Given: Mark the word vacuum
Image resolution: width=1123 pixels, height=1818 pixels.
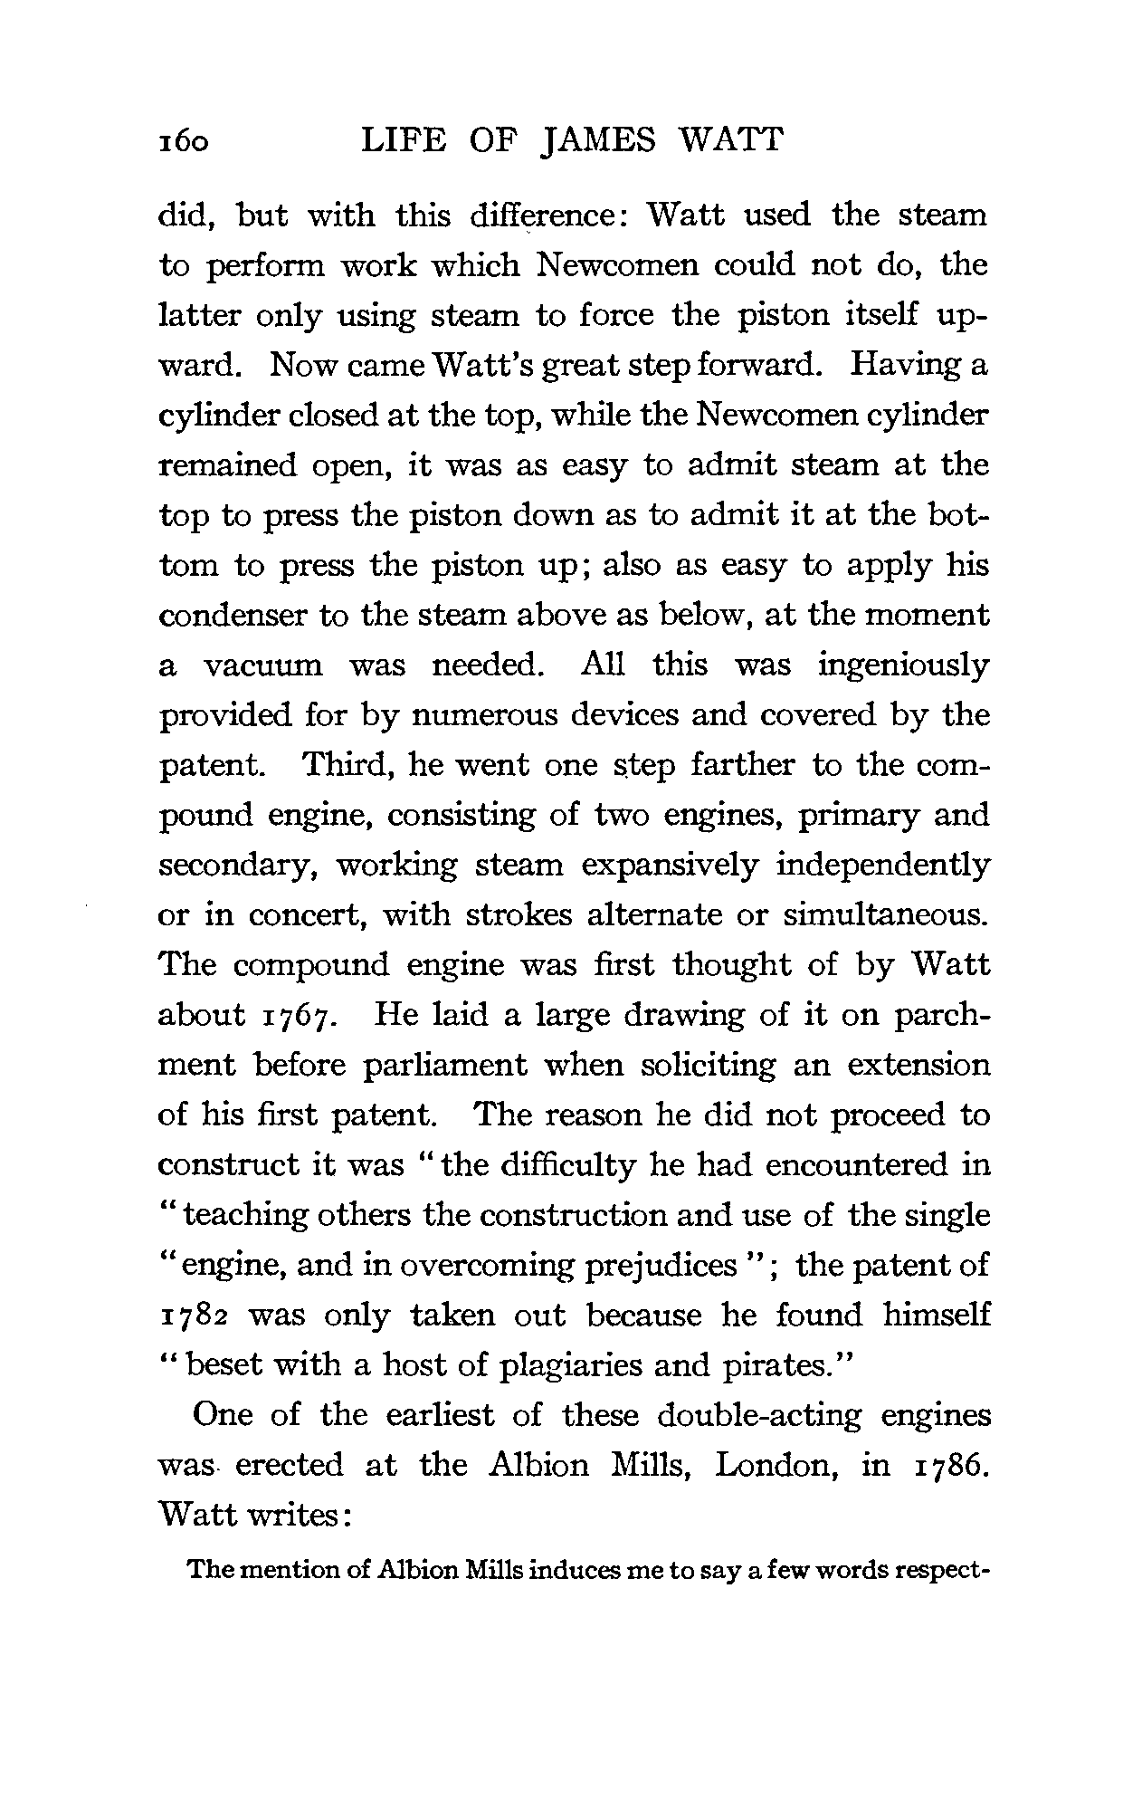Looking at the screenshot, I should pos(262,666).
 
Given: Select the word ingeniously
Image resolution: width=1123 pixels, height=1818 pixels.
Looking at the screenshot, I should pos(903,666).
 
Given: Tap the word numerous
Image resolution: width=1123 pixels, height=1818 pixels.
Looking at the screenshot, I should pos(471,716).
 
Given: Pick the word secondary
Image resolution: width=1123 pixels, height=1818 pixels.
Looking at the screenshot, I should pos(238,866).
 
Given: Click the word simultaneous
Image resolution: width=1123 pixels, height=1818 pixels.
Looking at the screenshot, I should pos(886,915).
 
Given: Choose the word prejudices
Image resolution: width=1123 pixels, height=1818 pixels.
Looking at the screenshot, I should pos(660,1265).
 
